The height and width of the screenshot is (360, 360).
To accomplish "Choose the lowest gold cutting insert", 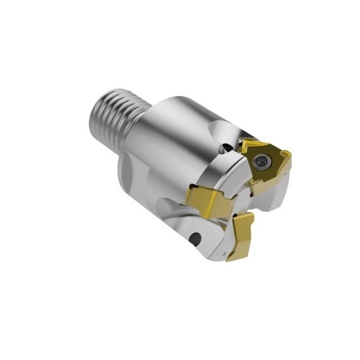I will click(x=244, y=236).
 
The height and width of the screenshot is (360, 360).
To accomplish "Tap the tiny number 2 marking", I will click(x=225, y=251).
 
